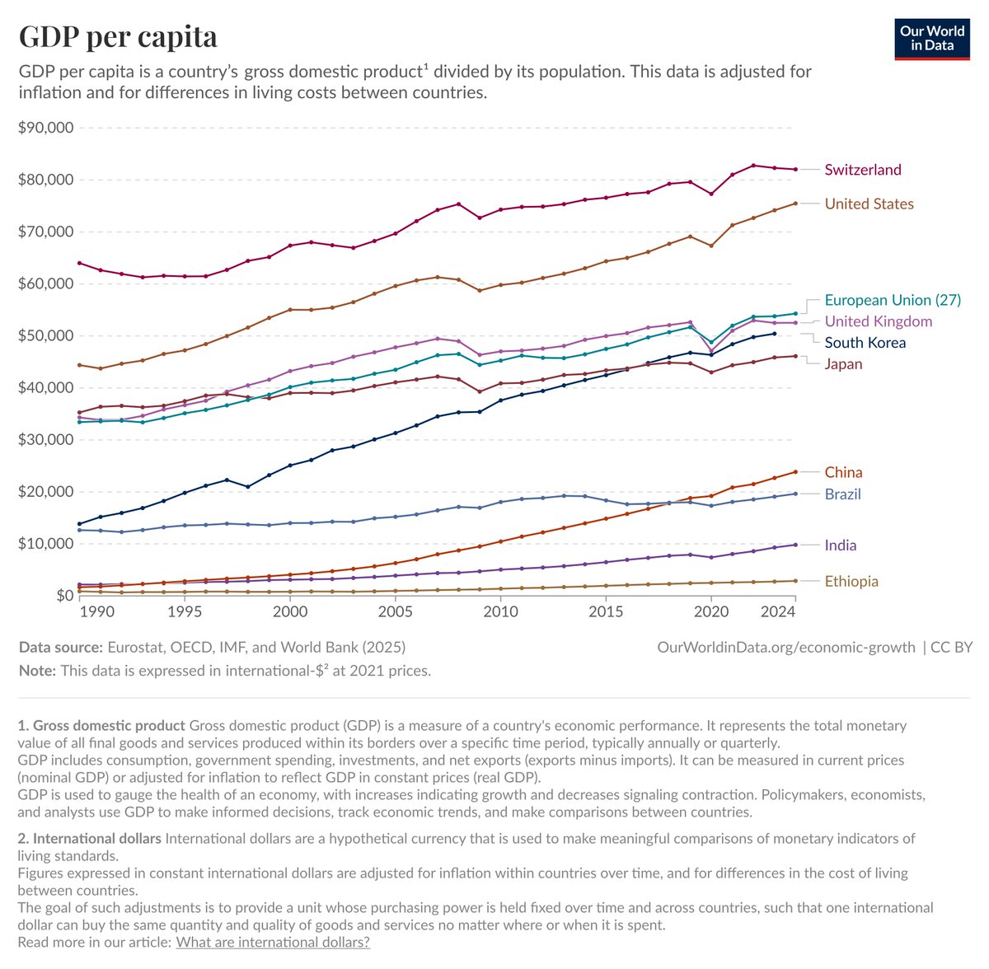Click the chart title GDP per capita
tap(118, 36)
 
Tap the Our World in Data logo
tap(932, 38)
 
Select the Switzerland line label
tap(863, 170)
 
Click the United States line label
tap(869, 204)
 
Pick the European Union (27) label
tap(893, 300)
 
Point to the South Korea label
tap(865, 343)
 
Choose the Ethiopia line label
tap(851, 581)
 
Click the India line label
tap(840, 545)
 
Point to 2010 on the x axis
tap(501, 611)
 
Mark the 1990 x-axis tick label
tap(97, 611)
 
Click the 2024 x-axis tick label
tap(777, 611)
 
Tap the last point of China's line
tap(795, 472)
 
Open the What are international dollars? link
tap(273, 942)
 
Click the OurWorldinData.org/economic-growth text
tap(785, 647)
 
